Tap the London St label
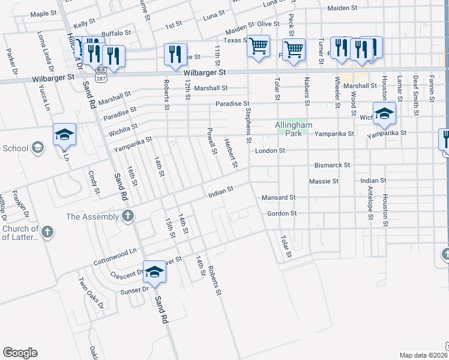point(270,151)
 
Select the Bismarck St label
point(332,165)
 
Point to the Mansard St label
point(279,197)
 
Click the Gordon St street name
point(282,214)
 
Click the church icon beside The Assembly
point(127,217)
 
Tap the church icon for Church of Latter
point(49,231)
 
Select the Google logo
point(20,353)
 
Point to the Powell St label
point(211,140)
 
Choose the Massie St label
point(324,181)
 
